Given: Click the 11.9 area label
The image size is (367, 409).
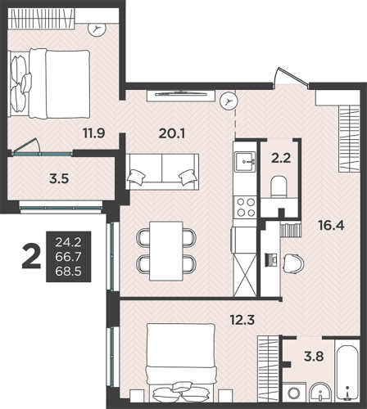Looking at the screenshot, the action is pos(94,133).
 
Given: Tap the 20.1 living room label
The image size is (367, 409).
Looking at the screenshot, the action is pos(172,133).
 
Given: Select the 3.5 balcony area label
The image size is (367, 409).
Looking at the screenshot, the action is pos(59,179).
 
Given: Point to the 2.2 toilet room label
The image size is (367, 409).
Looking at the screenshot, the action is pos(281,158).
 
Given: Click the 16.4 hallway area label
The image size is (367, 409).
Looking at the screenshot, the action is pos(331,226).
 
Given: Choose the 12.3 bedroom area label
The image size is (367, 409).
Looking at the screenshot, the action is pos(242,320).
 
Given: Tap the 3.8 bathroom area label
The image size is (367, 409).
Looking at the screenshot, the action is pos(314,357).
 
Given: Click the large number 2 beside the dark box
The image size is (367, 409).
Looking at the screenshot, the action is pos(31,256).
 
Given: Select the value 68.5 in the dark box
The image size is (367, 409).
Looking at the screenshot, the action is pos(68,272).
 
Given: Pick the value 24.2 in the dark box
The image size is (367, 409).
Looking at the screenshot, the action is pos(68,242).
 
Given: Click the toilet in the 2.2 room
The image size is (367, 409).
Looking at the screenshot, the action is pos(279,187).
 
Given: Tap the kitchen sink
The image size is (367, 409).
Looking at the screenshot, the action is pos(245,161).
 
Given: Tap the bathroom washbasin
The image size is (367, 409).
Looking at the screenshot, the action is pos(320,392).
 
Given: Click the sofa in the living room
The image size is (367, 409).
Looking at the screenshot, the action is pos(162,172).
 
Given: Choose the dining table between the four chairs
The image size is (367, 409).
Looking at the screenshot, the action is pos(166,251).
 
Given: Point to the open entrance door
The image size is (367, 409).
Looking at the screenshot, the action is pos(291,78).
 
